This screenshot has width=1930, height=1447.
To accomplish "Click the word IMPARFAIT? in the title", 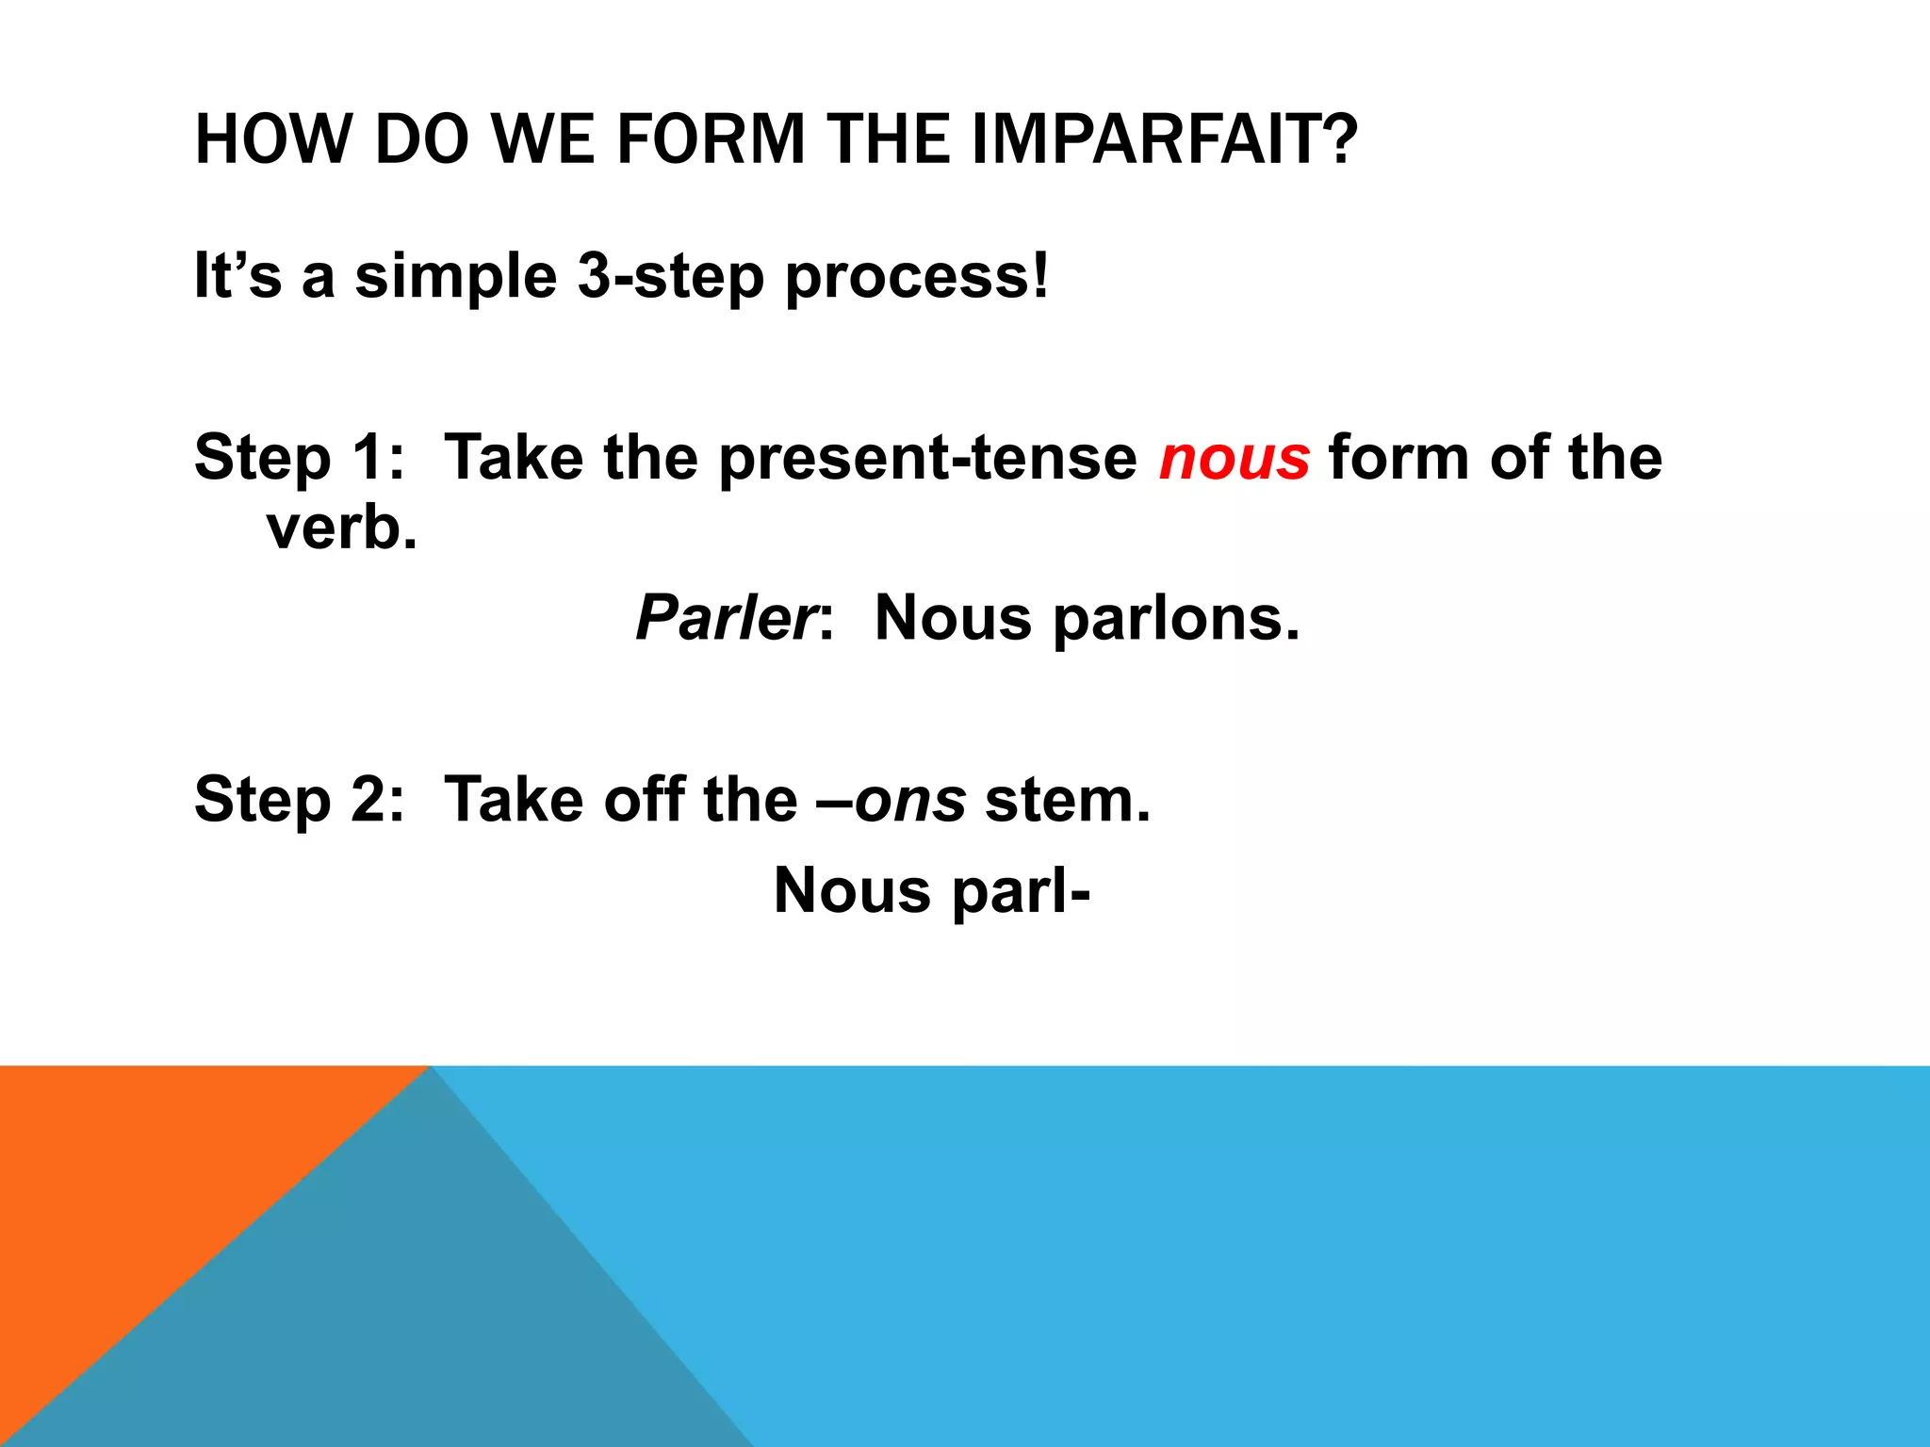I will point(1164,139).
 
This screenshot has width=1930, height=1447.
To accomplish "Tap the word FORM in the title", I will point(713,139).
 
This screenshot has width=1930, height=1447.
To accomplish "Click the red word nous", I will point(1234,459).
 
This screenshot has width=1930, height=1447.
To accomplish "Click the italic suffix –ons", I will point(909,801).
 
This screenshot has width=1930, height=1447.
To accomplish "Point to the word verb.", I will point(341,528).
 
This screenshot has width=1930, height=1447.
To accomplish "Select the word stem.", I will point(1067,801).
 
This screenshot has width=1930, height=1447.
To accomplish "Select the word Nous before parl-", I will point(851,891).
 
